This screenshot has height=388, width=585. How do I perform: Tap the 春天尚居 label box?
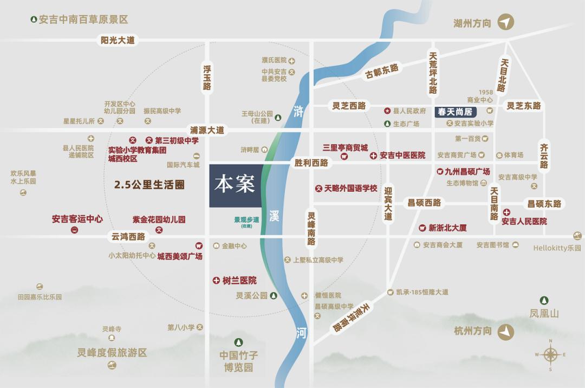point(456,113)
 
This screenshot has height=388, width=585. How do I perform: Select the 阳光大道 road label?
point(118,40)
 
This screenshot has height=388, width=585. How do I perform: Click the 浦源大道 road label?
point(206,130)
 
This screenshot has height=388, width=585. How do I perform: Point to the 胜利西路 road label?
point(311,163)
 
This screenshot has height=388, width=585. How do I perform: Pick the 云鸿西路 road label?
point(128,237)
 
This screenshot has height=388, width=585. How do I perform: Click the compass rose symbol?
point(550,355)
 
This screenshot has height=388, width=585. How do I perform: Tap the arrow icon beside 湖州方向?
point(506,22)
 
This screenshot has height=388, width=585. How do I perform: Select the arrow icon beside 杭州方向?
point(506,331)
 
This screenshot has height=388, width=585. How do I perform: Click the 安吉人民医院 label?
point(524,221)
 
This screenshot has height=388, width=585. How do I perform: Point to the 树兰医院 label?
point(239,281)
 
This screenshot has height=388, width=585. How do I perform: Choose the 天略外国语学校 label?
point(350,189)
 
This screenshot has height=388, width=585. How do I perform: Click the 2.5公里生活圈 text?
point(149,185)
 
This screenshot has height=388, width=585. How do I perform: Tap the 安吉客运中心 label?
point(77,219)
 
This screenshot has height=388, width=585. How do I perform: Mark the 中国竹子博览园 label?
point(239,361)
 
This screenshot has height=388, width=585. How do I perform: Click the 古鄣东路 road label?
point(381,71)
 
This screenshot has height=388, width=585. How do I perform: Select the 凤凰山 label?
point(544,313)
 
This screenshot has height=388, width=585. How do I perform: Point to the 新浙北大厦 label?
point(447,228)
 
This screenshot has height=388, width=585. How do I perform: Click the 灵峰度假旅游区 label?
point(112,353)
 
